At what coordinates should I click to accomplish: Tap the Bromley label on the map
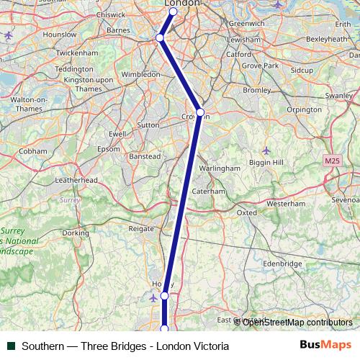tap(257, 91)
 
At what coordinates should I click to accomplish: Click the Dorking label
tap(76, 233)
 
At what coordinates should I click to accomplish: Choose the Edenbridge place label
tap(282, 264)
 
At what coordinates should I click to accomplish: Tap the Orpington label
tap(303, 110)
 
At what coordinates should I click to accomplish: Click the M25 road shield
tap(332, 160)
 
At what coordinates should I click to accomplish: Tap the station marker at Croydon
tap(200, 112)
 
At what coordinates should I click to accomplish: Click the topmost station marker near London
tap(174, 12)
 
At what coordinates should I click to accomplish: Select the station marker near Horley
tap(165, 296)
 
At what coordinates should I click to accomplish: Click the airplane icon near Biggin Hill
tap(266, 150)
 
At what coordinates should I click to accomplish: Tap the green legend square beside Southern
tap(11, 346)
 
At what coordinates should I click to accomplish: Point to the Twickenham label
tap(76, 53)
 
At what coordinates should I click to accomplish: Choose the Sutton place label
tap(148, 125)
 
